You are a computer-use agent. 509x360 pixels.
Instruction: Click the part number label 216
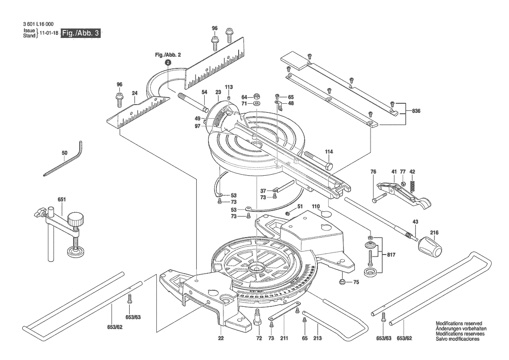coord(435,232)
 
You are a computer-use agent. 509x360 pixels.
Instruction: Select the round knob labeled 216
coord(429,250)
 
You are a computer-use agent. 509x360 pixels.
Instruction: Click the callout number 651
coord(62,199)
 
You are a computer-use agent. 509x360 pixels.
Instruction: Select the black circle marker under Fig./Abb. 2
coord(167,62)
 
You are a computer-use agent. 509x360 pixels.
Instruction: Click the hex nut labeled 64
coord(256,97)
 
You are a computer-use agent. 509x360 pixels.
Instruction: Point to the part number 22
coord(221,338)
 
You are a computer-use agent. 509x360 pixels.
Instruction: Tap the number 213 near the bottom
coord(317,338)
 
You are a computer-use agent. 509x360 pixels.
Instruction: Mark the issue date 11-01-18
coord(49,33)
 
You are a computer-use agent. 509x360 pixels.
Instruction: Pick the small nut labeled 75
coord(343,282)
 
